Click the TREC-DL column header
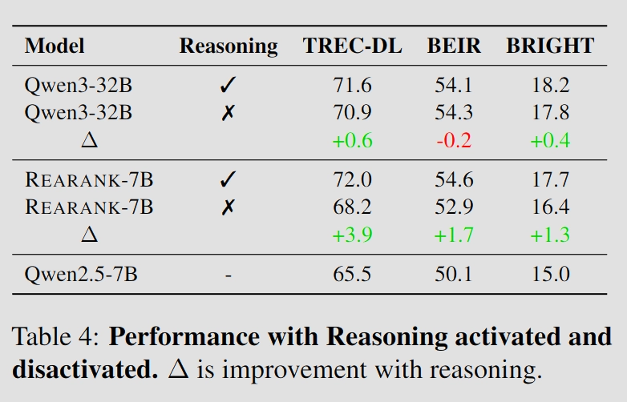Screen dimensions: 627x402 (352, 46)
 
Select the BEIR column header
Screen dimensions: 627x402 (454, 46)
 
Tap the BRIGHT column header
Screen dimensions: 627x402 (550, 46)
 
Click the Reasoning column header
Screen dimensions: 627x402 (229, 46)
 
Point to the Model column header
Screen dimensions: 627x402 (55, 46)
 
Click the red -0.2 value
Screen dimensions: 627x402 (454, 140)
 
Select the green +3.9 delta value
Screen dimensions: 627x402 (352, 235)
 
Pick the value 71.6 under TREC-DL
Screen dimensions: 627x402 (352, 85)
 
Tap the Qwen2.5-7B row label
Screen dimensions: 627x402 (81, 274)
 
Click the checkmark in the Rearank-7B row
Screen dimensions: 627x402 (228, 179)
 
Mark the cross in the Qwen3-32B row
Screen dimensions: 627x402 (228, 113)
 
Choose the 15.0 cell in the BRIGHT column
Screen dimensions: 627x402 (551, 274)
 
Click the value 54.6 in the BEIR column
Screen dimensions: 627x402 (454, 179)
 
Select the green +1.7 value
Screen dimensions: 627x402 (454, 235)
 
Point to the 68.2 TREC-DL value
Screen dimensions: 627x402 (352, 207)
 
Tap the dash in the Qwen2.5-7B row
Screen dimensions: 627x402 (229, 275)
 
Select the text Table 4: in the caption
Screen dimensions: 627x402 (55, 336)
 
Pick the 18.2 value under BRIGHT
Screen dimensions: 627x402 (551, 85)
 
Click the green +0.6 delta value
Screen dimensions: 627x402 (352, 140)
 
